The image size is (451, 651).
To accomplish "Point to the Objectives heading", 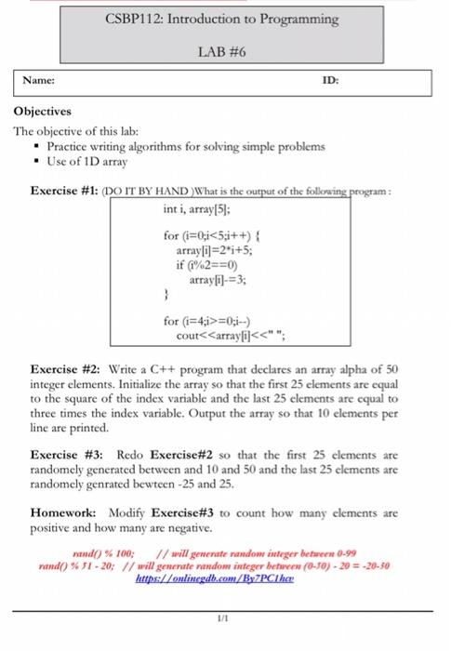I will (43, 111).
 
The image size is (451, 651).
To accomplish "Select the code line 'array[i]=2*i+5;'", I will (211, 251).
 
